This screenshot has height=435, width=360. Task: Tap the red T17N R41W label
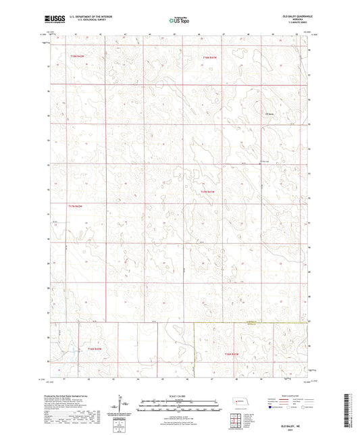208,193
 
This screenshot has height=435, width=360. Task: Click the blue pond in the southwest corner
72,351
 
